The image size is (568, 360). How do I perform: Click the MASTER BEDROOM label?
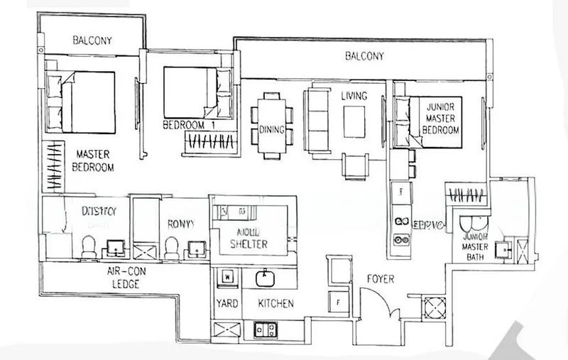(93, 160)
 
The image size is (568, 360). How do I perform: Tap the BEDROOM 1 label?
(188, 125)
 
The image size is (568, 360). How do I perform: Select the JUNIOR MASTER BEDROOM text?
(441, 119)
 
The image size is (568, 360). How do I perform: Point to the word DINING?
(272, 129)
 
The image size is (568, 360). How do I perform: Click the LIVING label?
(353, 96)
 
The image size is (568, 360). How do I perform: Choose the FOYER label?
(380, 279)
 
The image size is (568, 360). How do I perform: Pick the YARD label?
(226, 303)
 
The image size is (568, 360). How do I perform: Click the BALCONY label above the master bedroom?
(92, 40)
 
